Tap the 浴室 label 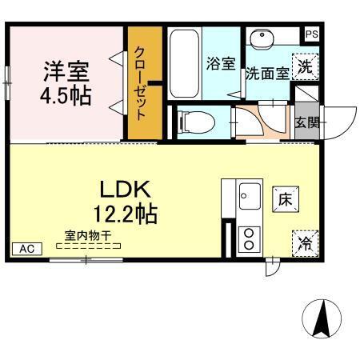point(220,65)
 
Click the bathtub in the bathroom point(183,64)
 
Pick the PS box point(312,34)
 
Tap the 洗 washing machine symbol point(304,67)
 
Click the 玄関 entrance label point(306,122)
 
